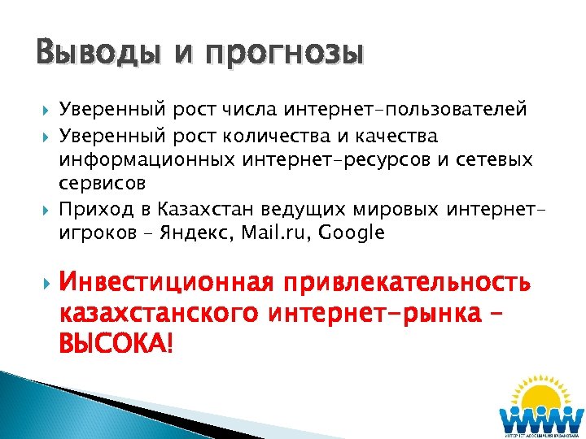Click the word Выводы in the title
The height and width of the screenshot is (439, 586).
tap(92, 54)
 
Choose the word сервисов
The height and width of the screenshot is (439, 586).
tap(103, 183)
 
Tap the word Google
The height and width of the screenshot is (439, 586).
tap(352, 233)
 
